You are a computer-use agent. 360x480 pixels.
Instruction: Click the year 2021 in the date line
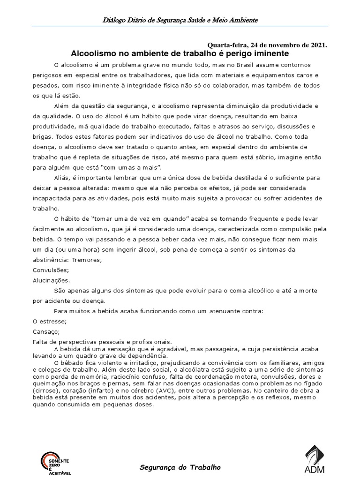click(317, 45)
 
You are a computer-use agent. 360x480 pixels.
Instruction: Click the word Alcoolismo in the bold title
click(92, 53)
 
